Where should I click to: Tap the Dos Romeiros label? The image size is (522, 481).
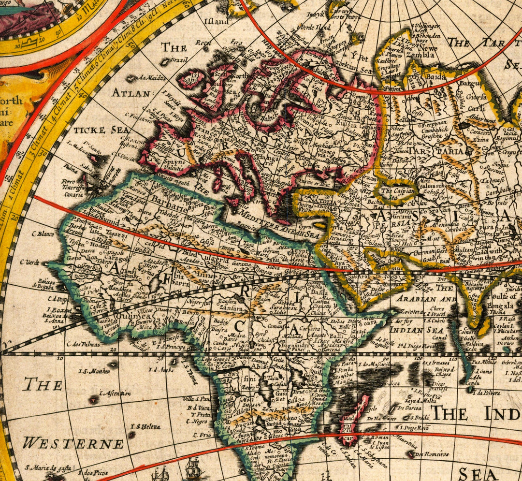tap(431, 454)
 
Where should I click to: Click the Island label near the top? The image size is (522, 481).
tap(216, 22)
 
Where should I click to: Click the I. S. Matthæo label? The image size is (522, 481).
tap(93, 371)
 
